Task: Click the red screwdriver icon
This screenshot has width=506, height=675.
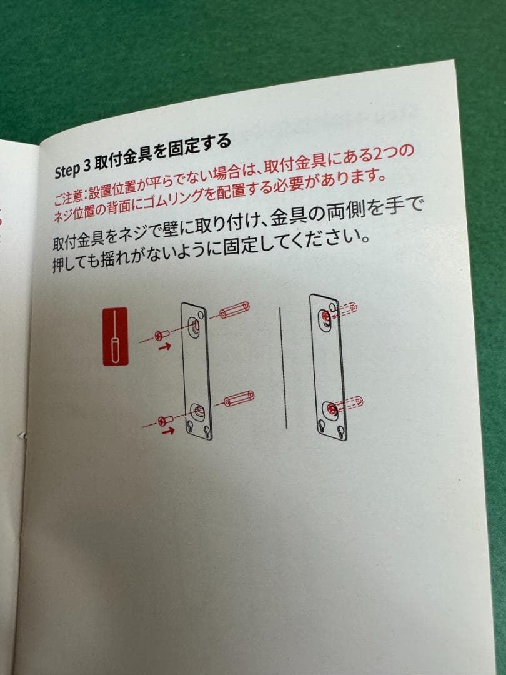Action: (114, 336)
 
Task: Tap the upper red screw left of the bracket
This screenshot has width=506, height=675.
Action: (161, 335)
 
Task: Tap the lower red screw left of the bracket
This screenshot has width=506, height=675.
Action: (164, 420)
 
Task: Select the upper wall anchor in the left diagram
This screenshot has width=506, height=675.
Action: (234, 310)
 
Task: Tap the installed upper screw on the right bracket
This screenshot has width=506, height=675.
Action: (327, 317)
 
